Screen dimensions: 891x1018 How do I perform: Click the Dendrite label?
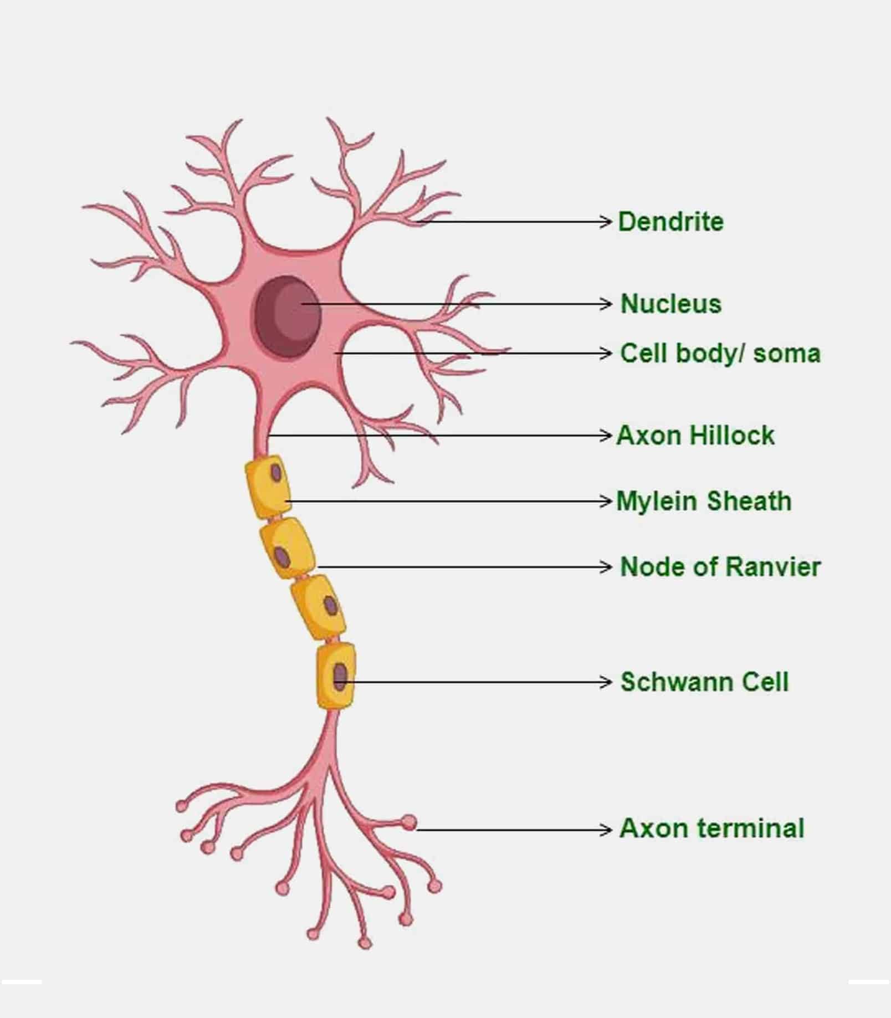point(670,222)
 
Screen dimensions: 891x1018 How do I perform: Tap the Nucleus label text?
point(671,304)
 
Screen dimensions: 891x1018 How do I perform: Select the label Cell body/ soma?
point(720,354)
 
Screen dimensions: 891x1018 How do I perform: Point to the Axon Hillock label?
point(695,435)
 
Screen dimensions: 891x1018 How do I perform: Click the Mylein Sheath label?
point(704,501)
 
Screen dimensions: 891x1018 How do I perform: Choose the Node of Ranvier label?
point(720,566)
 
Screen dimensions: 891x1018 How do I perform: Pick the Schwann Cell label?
point(704,682)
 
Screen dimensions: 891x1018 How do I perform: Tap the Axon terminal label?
point(711,828)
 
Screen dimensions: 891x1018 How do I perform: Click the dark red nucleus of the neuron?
point(288,316)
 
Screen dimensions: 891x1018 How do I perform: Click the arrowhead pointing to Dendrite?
point(606,222)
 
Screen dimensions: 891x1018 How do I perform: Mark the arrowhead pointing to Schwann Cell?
point(606,682)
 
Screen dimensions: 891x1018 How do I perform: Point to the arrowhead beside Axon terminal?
point(606,830)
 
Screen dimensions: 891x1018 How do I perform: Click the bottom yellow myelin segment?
point(336,676)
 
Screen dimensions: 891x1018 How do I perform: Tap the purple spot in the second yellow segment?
point(283,555)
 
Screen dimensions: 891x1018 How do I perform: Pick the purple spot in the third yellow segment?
point(330,605)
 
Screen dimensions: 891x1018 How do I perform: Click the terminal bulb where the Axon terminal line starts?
point(409,822)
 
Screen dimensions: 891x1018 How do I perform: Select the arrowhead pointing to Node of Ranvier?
point(606,567)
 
